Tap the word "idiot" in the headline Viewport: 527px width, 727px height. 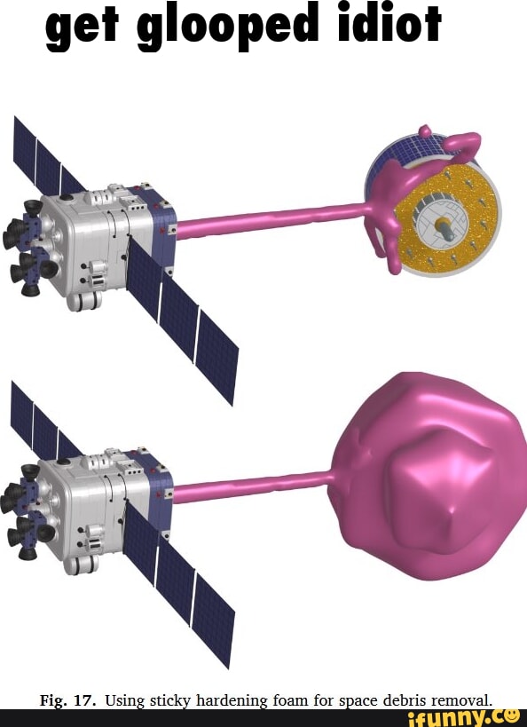click(x=389, y=22)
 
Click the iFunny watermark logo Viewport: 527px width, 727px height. click(x=462, y=718)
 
